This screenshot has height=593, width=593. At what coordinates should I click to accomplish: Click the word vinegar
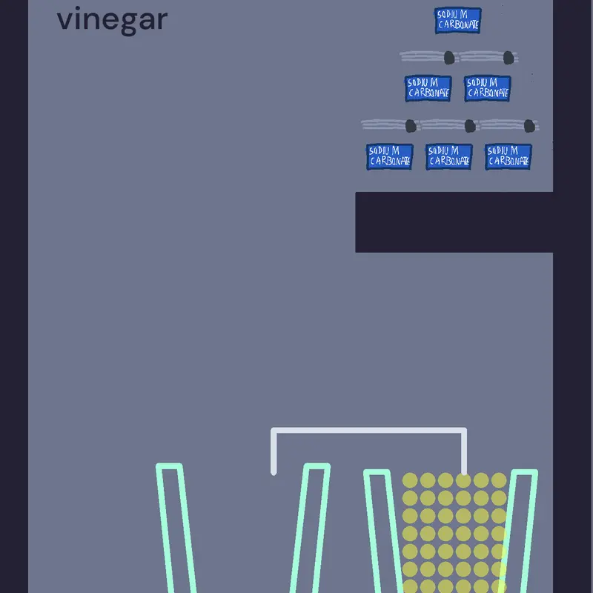point(112,20)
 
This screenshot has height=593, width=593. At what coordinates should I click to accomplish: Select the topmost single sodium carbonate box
point(457,21)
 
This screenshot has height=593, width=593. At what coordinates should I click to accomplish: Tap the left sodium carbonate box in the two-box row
point(428,88)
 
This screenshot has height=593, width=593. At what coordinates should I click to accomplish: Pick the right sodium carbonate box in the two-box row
point(488,88)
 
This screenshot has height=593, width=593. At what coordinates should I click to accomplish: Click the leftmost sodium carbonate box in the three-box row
point(390,156)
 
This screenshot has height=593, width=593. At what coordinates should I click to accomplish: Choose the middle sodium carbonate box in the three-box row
point(449,156)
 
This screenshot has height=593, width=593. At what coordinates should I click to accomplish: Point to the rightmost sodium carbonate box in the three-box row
point(508,156)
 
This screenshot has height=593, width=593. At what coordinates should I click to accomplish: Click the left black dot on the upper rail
point(449,58)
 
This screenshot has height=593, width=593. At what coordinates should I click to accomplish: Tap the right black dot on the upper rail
point(508,58)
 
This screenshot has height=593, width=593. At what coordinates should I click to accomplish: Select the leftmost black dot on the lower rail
point(411,125)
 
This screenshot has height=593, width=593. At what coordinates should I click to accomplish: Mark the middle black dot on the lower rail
point(470,125)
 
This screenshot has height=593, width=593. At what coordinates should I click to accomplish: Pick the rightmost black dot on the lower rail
point(529,125)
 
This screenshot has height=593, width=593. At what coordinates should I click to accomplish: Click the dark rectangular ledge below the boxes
point(454,222)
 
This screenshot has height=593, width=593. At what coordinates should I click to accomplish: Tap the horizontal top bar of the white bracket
point(368,431)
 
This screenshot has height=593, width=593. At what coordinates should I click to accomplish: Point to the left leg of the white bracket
point(274,451)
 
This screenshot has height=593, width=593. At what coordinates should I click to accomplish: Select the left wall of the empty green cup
point(176,529)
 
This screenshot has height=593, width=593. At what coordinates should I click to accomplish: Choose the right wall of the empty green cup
point(310,529)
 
